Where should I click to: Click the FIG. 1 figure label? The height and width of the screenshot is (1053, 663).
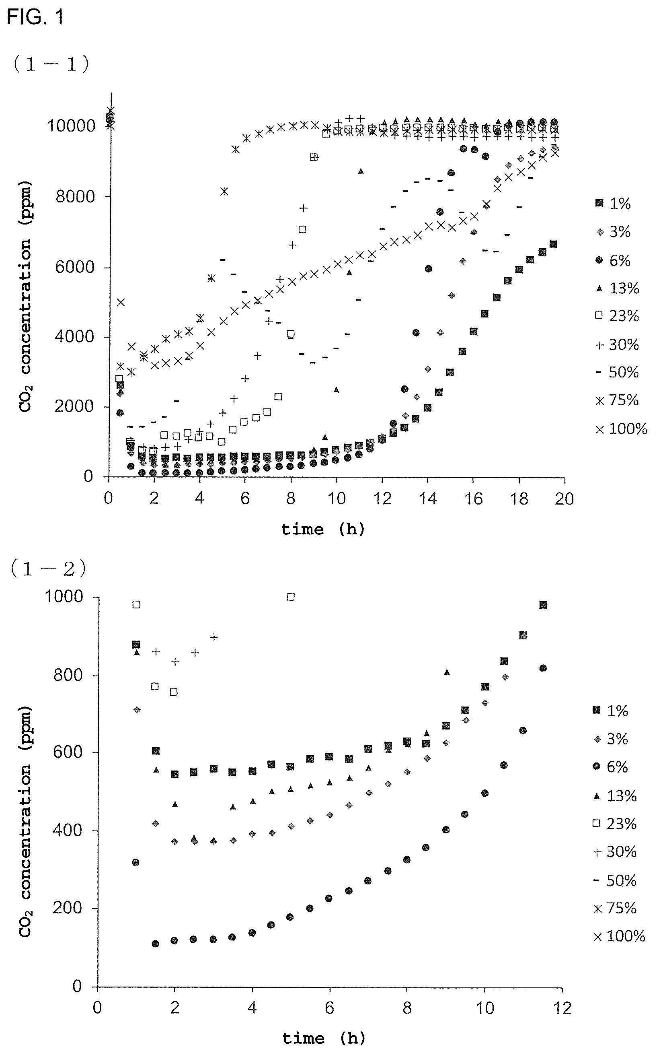pyautogui.click(x=35, y=17)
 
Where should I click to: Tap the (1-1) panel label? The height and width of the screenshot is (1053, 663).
pyautogui.click(x=51, y=64)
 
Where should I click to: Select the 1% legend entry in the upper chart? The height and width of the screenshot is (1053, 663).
pyautogui.click(x=614, y=203)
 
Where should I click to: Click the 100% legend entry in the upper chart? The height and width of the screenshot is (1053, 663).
pyautogui.click(x=621, y=429)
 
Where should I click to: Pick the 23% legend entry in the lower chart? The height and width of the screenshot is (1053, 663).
pyautogui.click(x=614, y=824)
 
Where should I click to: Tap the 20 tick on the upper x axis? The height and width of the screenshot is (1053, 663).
pyautogui.click(x=564, y=499)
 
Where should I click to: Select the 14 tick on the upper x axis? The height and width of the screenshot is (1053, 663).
pyautogui.click(x=427, y=499)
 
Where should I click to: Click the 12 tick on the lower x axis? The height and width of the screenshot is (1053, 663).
pyautogui.click(x=562, y=1008)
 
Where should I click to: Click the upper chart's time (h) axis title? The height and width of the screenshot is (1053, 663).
pyautogui.click(x=323, y=530)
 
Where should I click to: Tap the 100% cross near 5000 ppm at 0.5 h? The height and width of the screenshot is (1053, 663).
pyautogui.click(x=121, y=302)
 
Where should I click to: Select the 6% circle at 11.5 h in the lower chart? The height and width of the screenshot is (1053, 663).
pyautogui.click(x=543, y=668)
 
